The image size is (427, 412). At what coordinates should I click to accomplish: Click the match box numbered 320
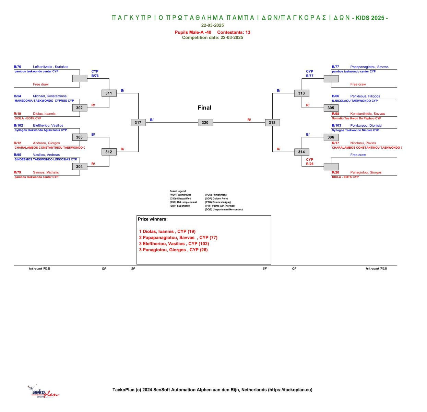(205, 123)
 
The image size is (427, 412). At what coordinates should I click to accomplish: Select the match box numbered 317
(138, 123)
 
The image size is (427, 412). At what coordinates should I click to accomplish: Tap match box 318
(272, 123)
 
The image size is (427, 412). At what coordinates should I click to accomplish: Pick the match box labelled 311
(109, 93)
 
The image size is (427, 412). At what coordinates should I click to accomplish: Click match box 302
(80, 108)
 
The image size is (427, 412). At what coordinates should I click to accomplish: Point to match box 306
(331, 137)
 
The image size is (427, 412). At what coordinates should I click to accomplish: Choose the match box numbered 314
(302, 152)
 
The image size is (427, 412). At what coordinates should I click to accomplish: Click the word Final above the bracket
(204, 107)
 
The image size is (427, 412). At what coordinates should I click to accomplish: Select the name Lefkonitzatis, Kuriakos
(50, 67)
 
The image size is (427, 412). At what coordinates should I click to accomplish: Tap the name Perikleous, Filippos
(365, 96)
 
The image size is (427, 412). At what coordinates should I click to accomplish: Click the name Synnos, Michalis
(46, 172)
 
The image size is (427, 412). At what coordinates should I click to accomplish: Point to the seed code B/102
(19, 125)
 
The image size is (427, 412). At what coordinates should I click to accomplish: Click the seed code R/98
(335, 114)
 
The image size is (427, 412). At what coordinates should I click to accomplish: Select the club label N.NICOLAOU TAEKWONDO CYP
(355, 101)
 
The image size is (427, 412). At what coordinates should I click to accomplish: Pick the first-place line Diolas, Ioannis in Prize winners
(167, 231)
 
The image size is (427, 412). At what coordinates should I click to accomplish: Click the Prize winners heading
(153, 219)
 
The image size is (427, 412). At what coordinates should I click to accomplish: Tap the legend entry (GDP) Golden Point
(216, 198)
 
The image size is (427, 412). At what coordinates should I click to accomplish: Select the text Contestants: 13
(234, 32)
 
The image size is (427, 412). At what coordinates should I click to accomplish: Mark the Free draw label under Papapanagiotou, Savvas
(358, 84)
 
